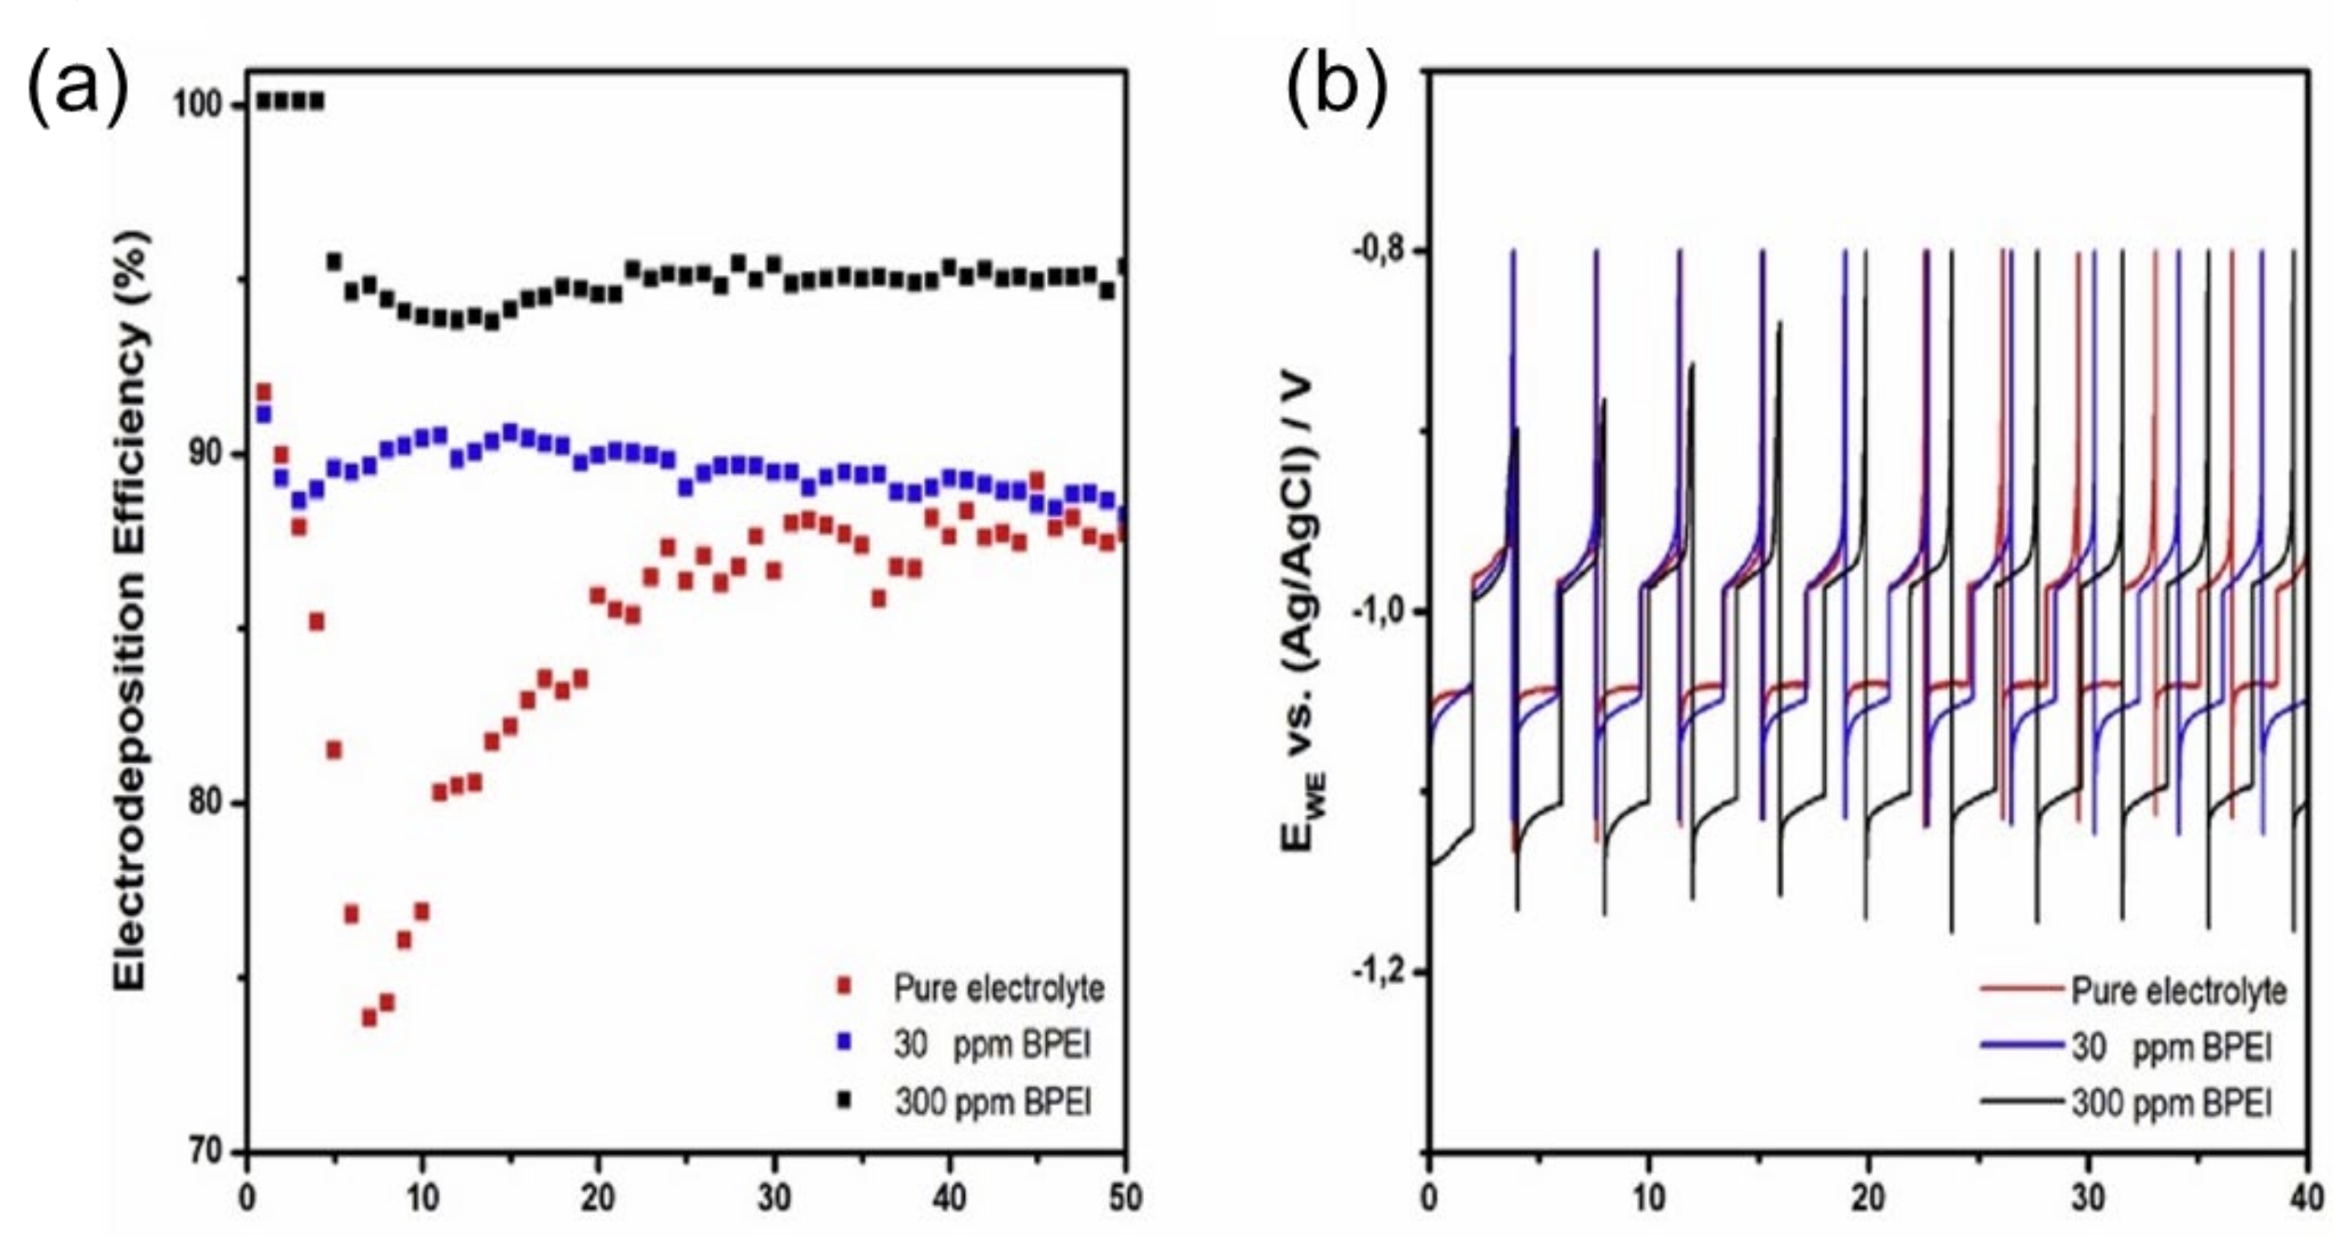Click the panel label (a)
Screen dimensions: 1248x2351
coord(76,86)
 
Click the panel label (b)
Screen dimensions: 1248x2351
coord(1337,86)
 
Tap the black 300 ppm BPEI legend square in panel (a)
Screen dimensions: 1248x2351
coord(844,1101)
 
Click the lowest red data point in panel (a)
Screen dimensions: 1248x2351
coord(370,1017)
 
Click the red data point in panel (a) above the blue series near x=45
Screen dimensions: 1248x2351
coord(1036,480)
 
